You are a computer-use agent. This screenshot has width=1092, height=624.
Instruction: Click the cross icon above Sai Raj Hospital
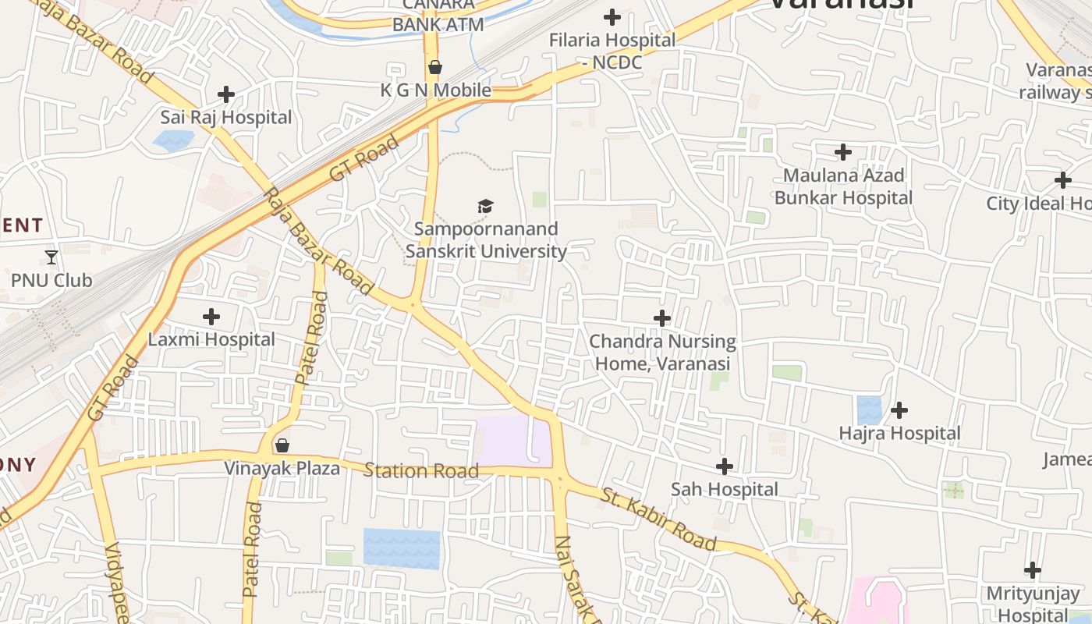pyautogui.click(x=226, y=94)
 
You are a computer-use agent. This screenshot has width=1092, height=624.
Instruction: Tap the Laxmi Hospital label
pyautogui.click(x=211, y=339)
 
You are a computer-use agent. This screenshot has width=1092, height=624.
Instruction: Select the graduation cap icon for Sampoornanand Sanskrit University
pyautogui.click(x=486, y=206)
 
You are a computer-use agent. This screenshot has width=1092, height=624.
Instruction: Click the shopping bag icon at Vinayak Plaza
pyautogui.click(x=282, y=445)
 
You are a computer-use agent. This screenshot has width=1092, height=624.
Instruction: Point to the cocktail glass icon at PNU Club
pyautogui.click(x=51, y=257)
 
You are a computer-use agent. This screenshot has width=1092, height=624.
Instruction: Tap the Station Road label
pyautogui.click(x=421, y=471)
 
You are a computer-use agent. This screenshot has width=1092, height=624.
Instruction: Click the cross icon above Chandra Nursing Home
pyautogui.click(x=662, y=318)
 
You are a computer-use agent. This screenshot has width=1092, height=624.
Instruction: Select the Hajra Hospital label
pyautogui.click(x=899, y=433)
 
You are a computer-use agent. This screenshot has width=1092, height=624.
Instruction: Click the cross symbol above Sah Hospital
pyautogui.click(x=725, y=466)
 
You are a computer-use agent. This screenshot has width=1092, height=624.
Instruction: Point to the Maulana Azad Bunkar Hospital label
pyautogui.click(x=843, y=186)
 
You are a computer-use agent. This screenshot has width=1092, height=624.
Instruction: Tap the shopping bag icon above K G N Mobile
pyautogui.click(x=435, y=67)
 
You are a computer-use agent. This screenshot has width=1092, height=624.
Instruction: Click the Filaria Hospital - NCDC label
pyautogui.click(x=612, y=51)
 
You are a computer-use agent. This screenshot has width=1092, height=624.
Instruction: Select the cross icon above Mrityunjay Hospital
pyautogui.click(x=1033, y=570)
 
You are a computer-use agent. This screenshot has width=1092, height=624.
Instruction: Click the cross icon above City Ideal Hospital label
pyautogui.click(x=1062, y=180)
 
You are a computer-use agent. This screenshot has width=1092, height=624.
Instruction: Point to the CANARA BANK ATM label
pyautogui.click(x=438, y=16)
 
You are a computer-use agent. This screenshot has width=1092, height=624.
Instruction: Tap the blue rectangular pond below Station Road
pyautogui.click(x=402, y=548)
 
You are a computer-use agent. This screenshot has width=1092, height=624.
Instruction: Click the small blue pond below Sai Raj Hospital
pyautogui.click(x=173, y=140)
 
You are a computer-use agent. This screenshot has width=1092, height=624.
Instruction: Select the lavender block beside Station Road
pyautogui.click(x=514, y=441)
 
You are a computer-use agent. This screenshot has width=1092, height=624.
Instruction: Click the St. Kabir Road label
pyautogui.click(x=659, y=519)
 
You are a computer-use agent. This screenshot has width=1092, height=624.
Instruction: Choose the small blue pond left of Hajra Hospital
pyautogui.click(x=869, y=410)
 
